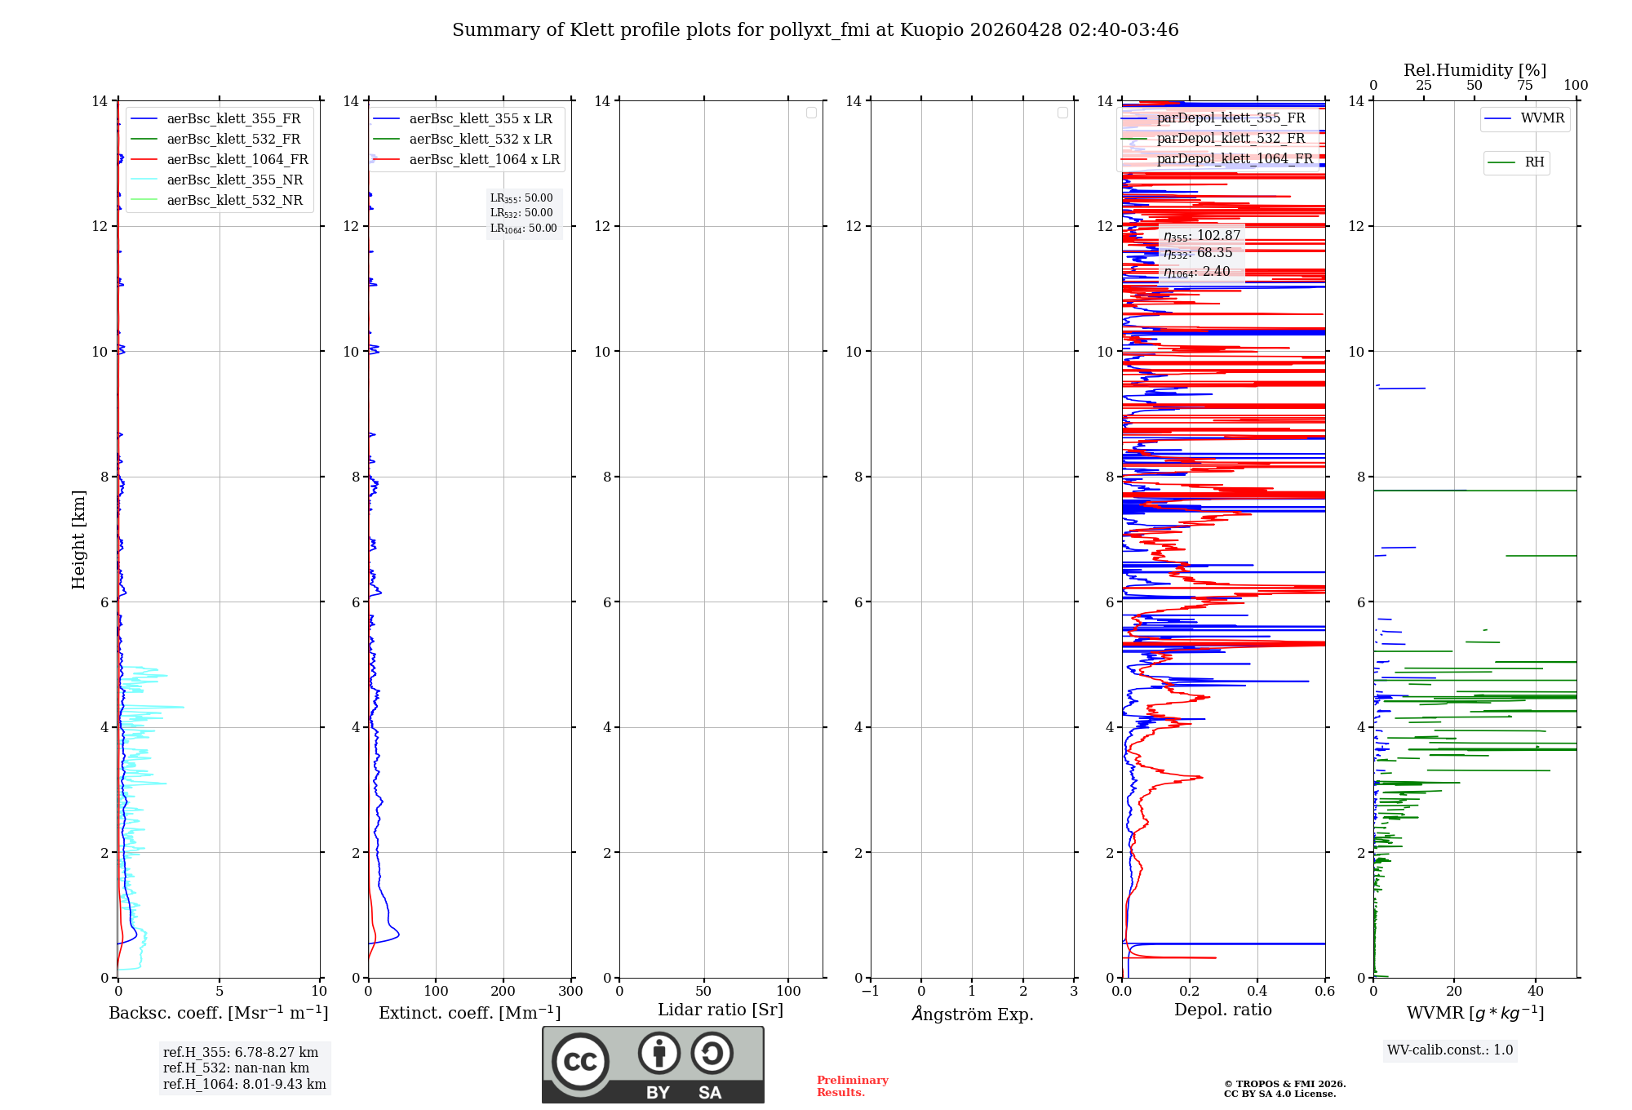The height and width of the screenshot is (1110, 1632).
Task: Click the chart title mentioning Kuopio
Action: (815, 30)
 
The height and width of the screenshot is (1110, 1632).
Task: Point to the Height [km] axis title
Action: (78, 539)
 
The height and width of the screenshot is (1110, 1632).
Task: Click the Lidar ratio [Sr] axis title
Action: (721, 1010)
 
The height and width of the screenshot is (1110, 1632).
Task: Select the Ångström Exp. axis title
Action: (972, 1014)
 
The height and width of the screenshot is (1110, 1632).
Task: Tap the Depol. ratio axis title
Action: (1222, 1010)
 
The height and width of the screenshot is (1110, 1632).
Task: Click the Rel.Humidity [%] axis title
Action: (1475, 70)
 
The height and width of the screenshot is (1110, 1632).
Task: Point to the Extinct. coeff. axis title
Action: (469, 1013)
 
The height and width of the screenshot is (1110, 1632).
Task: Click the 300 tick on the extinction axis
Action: (570, 991)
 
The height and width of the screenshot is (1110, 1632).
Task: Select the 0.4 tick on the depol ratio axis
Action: (1257, 991)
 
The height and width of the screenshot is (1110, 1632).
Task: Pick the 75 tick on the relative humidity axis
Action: (1524, 86)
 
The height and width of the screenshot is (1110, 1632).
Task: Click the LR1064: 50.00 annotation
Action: (523, 229)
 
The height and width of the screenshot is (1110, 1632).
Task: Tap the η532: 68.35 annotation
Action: (1198, 253)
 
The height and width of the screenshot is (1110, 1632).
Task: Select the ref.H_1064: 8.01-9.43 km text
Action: (244, 1084)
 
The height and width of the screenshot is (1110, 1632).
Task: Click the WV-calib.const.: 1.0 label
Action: (1450, 1050)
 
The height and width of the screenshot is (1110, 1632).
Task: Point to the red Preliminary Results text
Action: (852, 1086)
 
